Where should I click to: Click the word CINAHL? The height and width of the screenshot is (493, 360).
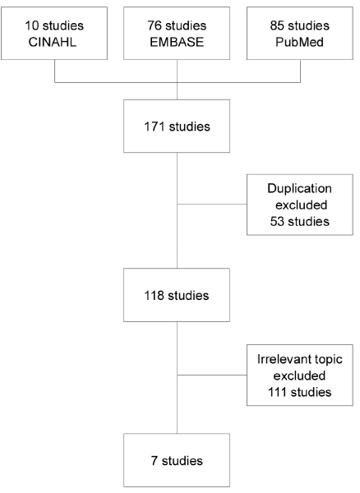[x=53, y=42]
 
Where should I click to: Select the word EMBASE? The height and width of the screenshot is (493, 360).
[x=177, y=42]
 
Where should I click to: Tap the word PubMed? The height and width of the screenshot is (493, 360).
[x=300, y=42]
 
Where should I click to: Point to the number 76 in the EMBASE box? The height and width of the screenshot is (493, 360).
[x=155, y=25]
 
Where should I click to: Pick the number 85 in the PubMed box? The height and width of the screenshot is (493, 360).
[x=277, y=25]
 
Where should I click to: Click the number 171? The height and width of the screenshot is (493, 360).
[x=155, y=127]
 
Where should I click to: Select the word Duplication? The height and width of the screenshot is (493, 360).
[x=300, y=188]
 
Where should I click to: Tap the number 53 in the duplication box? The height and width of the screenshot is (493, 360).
[x=277, y=221]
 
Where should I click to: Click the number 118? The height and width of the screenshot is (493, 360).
[x=154, y=296]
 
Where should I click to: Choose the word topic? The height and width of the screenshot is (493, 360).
[x=328, y=360]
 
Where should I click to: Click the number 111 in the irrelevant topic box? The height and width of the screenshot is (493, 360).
[x=277, y=392]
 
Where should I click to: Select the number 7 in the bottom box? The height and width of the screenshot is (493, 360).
[x=154, y=461]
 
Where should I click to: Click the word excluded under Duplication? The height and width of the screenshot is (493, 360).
[x=301, y=205]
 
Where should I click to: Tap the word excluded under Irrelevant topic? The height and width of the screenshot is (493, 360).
[x=299, y=376]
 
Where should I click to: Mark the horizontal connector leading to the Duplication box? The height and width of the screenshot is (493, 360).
[x=212, y=205]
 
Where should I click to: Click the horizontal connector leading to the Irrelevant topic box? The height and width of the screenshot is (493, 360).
[x=212, y=376]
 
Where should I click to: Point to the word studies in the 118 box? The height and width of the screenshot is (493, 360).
[x=188, y=296]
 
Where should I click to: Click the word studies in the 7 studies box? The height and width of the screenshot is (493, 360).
[x=182, y=461]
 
